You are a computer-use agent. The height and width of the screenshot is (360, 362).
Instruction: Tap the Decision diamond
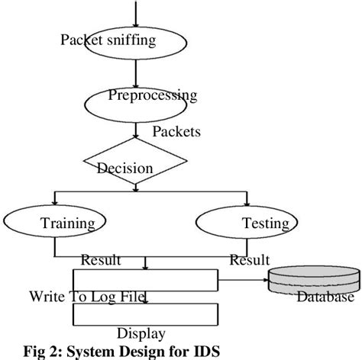tap(135, 162)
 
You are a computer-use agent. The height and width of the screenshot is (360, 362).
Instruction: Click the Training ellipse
tap(53, 223)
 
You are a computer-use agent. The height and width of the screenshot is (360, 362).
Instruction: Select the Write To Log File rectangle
tap(145, 279)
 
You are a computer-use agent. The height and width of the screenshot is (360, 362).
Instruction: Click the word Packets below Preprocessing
tap(176, 132)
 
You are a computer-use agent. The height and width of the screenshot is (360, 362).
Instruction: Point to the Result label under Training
tap(101, 261)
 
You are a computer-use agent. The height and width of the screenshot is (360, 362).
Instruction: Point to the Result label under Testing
tap(250, 261)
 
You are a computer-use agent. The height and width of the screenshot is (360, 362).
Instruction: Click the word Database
tap(325, 297)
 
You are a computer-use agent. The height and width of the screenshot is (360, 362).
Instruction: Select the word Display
tap(141, 333)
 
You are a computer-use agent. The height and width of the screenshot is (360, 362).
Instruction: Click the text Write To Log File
tap(87, 297)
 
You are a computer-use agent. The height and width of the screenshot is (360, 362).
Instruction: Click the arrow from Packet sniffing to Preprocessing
tap(135, 75)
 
